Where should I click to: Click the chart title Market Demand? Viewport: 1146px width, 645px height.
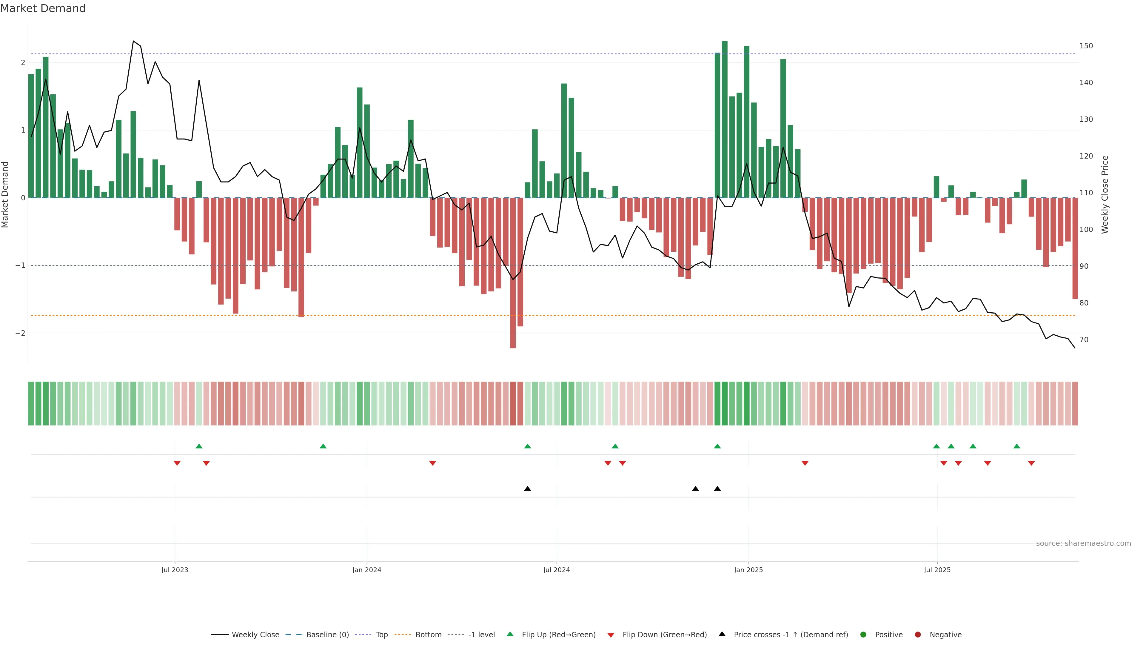coord(43,8)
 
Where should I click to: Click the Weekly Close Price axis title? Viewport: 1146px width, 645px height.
coord(1105,194)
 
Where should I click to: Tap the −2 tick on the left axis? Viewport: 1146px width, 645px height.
coord(20,333)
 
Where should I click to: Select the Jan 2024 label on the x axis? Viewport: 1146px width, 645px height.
coord(366,570)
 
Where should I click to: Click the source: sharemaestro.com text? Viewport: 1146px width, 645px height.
coord(1083,543)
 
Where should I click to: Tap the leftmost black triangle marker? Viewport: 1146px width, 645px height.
coord(528,489)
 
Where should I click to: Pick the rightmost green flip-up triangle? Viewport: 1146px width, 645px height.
coord(1016,446)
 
